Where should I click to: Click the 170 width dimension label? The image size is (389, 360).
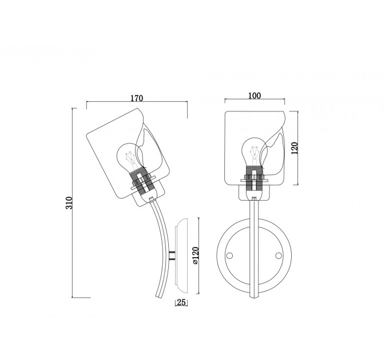137,98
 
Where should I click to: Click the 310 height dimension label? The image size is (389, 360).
69,203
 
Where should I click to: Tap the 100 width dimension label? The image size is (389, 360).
255,95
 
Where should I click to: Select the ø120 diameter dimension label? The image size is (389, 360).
196,255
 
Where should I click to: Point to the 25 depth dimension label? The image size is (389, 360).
181,302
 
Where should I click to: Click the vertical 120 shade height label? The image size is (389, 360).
294,148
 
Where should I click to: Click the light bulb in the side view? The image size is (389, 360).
130,157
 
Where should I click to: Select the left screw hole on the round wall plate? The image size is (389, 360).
230,255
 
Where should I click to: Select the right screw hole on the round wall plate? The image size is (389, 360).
279,255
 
